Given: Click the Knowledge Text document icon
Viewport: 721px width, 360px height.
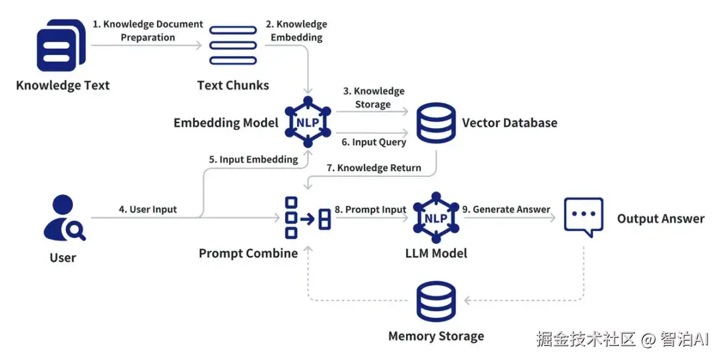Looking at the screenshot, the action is coord(61,45).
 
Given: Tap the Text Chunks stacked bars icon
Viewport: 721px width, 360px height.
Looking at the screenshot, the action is coord(233,45).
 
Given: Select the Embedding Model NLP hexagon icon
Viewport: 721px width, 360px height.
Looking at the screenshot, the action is coord(308,123).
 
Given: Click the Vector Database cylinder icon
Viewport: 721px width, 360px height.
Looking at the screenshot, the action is coord(436,122).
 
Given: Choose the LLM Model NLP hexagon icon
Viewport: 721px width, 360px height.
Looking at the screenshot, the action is coord(435,218).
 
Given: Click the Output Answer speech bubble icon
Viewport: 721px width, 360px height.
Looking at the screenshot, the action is coord(583,217).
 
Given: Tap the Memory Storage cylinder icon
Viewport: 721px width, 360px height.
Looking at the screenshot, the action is coord(436,302).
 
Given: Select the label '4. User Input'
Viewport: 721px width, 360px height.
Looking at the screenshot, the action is coord(148,209).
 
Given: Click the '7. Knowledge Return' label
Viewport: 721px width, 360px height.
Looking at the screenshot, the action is coord(374,168).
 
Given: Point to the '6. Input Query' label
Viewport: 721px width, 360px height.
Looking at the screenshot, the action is coord(373,142).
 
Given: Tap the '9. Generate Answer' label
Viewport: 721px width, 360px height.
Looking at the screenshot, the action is coord(506,209).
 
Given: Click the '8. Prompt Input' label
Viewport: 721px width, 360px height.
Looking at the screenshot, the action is coord(370,209).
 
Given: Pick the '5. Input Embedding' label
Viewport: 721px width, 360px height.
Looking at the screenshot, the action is coord(254,160).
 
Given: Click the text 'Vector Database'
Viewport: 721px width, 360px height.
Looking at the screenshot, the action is coord(509,123).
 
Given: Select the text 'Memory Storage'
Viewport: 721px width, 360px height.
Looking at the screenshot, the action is coord(436,336).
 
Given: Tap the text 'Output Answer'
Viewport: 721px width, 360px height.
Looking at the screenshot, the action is coord(660,218).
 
